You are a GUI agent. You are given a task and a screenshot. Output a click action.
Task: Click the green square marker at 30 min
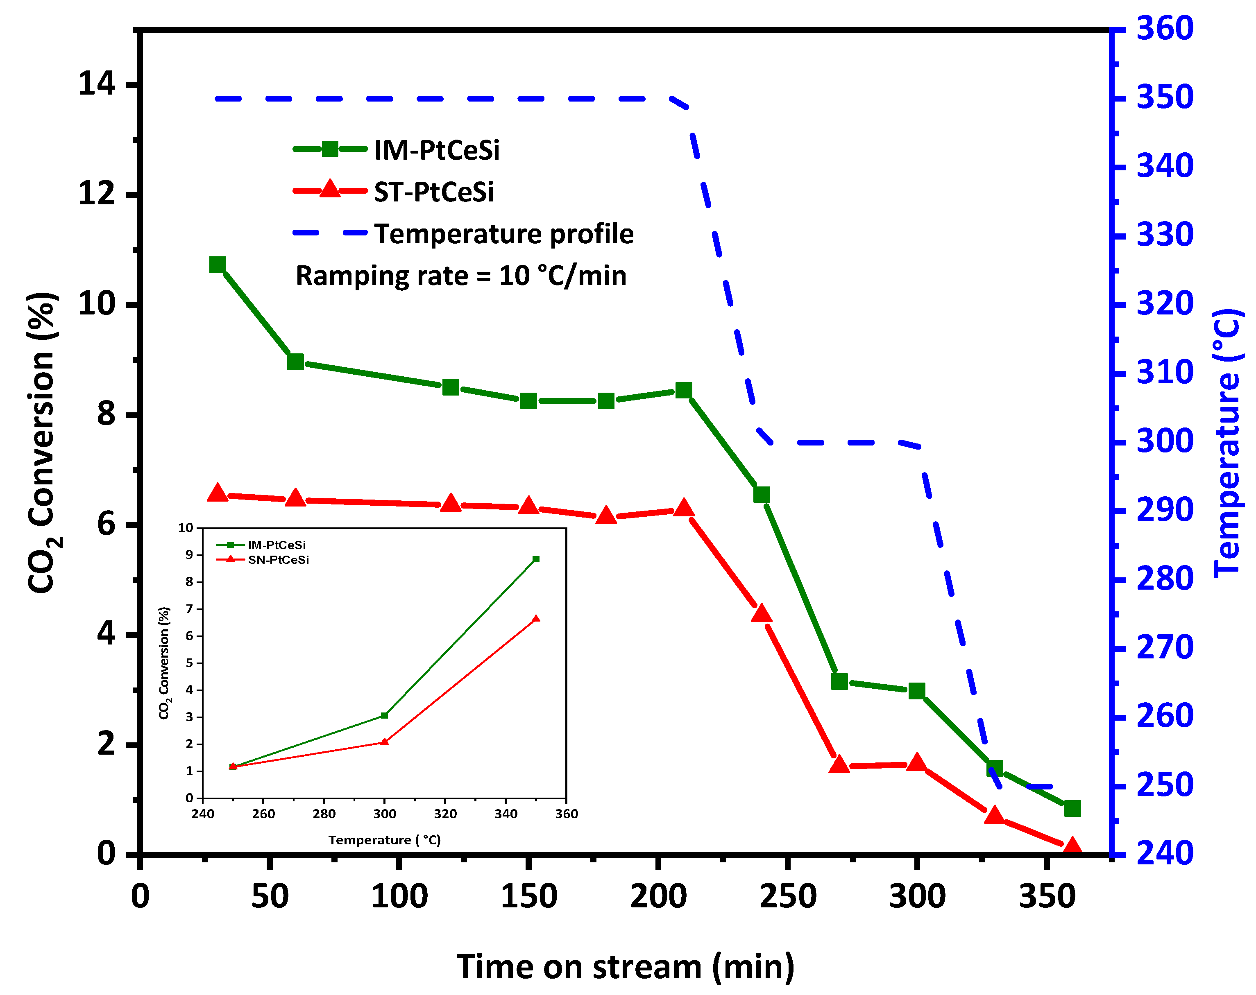pyautogui.click(x=217, y=265)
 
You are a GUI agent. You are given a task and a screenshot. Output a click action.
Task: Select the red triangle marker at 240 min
pyautogui.click(x=762, y=614)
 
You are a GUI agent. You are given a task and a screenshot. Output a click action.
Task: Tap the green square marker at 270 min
pyautogui.click(x=839, y=681)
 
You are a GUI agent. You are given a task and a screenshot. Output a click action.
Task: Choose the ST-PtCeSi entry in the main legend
pyautogui.click(x=433, y=192)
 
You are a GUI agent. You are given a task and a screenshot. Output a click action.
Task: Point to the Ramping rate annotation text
pyautogui.click(x=461, y=276)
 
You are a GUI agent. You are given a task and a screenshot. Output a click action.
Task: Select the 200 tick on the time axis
pyautogui.click(x=658, y=897)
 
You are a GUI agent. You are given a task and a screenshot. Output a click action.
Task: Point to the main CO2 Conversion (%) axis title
pyautogui.click(x=42, y=443)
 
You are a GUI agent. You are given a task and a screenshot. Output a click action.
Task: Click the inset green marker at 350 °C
pyautogui.click(x=536, y=559)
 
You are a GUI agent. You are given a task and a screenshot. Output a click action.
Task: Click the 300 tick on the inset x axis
pyautogui.click(x=385, y=814)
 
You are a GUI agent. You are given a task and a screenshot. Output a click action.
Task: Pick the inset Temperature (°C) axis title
pyautogui.click(x=385, y=840)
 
